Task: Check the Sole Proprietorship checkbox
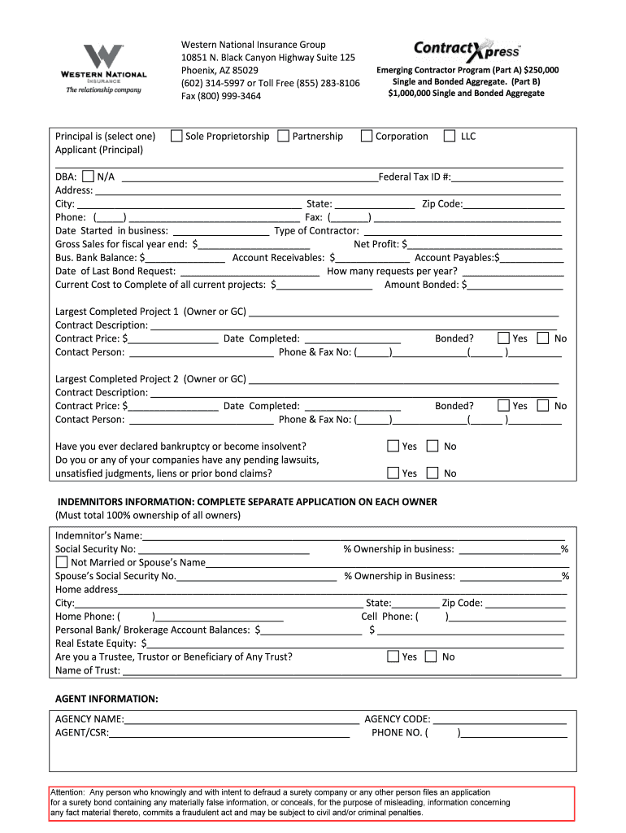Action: coord(176,136)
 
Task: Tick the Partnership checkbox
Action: coord(283,136)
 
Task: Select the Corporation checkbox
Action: coord(367,136)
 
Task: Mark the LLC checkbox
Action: coord(450,136)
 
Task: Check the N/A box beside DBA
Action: coord(88,176)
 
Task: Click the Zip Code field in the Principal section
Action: coord(512,203)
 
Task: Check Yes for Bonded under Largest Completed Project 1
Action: coord(503,338)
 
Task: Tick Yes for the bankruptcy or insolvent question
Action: coord(393,446)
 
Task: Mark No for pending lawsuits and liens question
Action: coord(433,473)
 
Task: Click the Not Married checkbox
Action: coord(61,562)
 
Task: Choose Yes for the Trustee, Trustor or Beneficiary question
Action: coord(393,656)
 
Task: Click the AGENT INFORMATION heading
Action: coord(107,699)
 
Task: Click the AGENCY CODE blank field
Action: coord(499,719)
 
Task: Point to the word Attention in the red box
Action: coord(67,792)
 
